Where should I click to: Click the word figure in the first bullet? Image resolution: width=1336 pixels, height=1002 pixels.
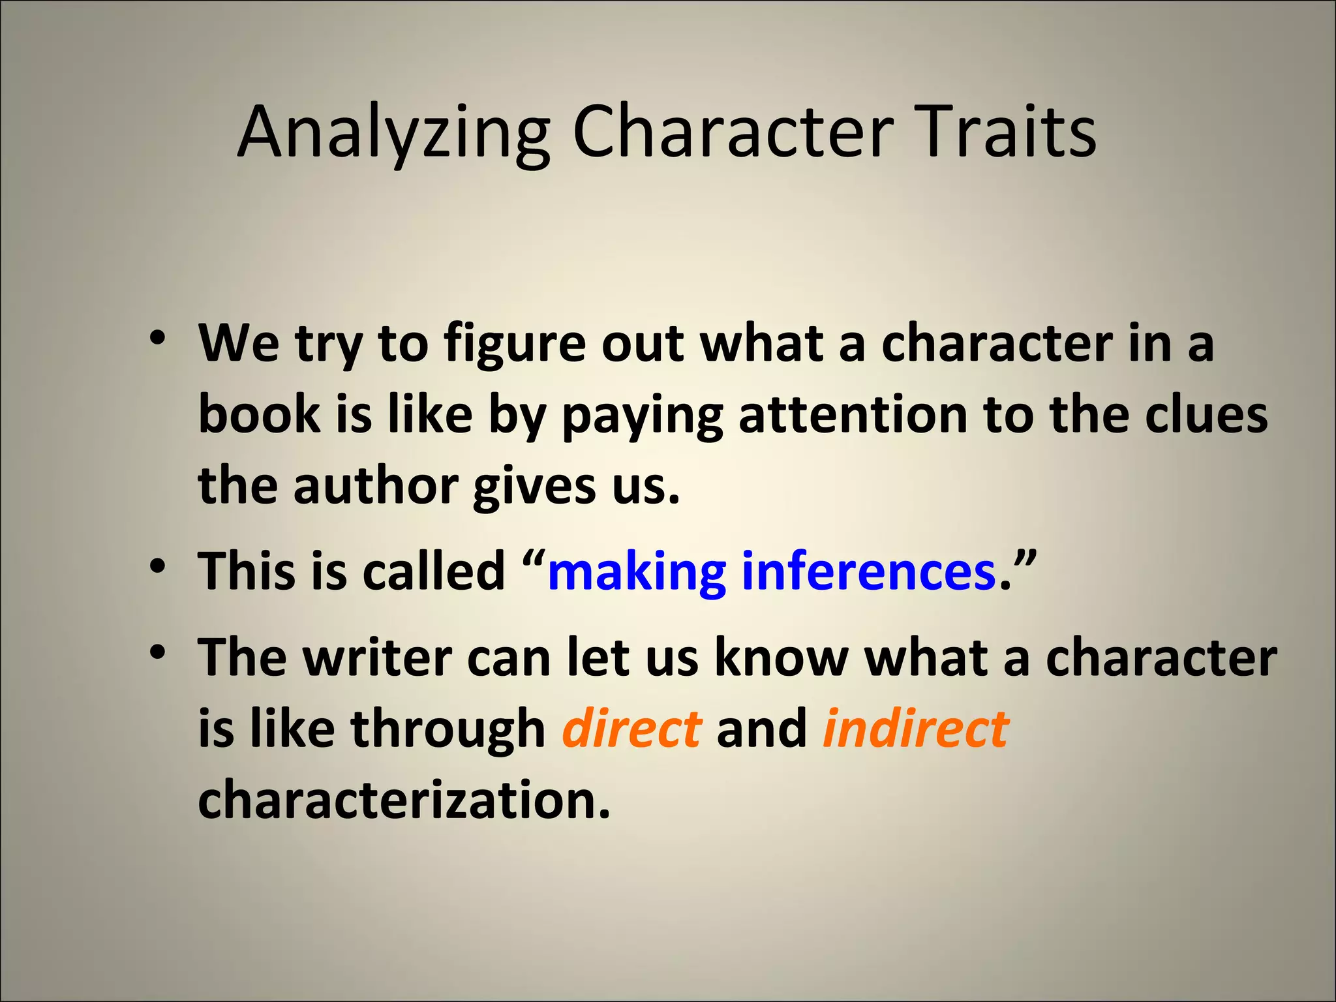(515, 346)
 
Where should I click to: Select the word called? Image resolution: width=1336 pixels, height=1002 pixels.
(434, 571)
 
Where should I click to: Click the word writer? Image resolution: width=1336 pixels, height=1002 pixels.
(378, 658)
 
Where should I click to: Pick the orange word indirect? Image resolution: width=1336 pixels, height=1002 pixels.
(915, 729)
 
